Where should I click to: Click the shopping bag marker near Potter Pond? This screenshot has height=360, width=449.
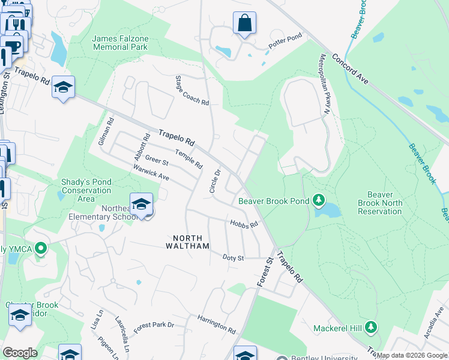click(244, 25)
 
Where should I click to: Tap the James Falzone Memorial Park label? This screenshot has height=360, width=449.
click(119, 43)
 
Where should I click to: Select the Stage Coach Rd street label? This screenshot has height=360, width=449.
click(191, 91)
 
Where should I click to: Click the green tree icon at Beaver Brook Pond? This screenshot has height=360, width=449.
click(320, 200)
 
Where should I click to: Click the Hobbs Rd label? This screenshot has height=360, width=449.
click(244, 224)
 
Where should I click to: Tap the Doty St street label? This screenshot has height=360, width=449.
click(233, 257)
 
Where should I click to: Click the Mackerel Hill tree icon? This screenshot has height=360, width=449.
click(372, 328)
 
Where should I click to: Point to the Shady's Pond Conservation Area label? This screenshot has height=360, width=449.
click(86, 190)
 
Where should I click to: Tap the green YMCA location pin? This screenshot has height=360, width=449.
click(41, 248)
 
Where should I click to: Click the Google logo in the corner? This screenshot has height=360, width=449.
click(20, 352)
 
